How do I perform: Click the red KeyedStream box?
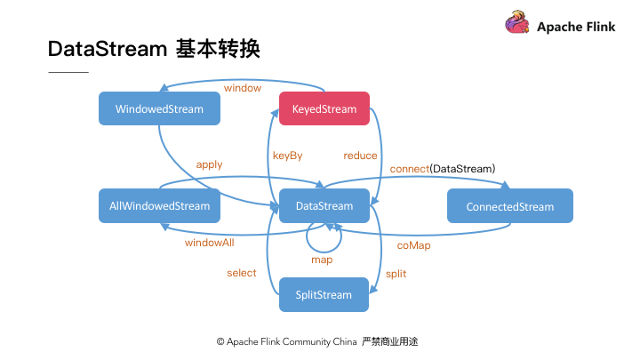click(x=324, y=109)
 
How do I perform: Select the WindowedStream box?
click(x=159, y=109)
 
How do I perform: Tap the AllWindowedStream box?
click(x=159, y=206)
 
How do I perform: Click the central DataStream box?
click(x=324, y=206)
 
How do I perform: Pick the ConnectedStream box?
click(x=509, y=206)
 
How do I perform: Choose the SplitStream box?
click(x=324, y=295)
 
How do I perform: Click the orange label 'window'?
click(x=243, y=88)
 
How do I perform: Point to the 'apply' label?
click(x=209, y=164)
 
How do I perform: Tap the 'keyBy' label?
click(x=287, y=156)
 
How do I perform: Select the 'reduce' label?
click(x=360, y=156)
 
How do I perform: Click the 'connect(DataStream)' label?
click(x=442, y=168)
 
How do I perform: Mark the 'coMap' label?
click(x=413, y=244)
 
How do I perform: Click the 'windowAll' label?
click(x=210, y=243)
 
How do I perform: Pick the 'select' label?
click(x=241, y=273)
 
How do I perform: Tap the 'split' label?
click(x=396, y=274)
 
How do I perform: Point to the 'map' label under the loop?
click(x=322, y=260)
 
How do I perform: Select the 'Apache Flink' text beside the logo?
click(x=575, y=27)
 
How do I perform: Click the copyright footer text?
click(x=316, y=341)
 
